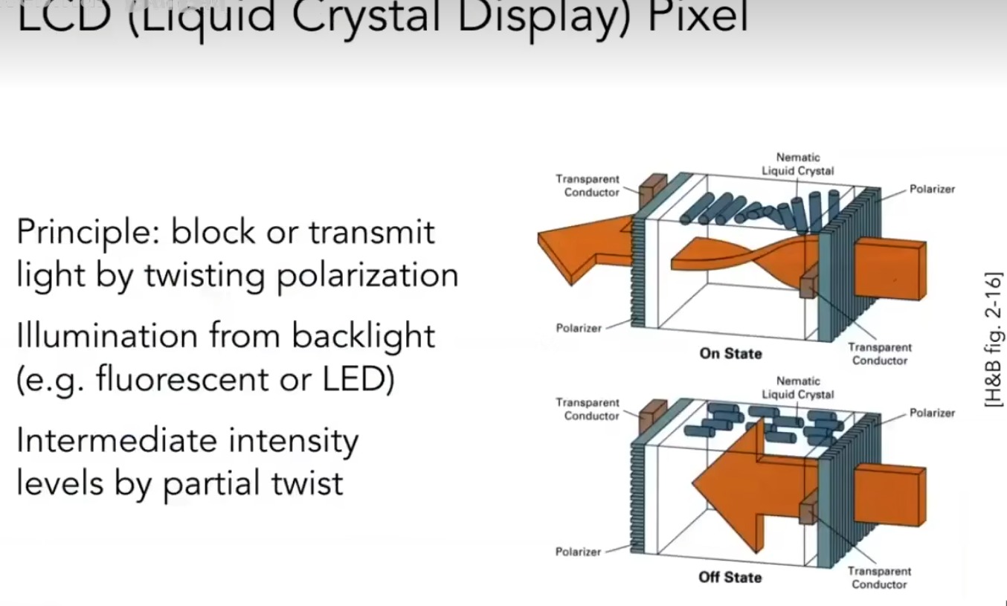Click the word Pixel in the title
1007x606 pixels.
(x=698, y=16)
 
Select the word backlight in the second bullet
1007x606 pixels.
(x=363, y=336)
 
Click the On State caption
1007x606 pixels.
(x=730, y=353)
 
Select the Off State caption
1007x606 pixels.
(x=730, y=577)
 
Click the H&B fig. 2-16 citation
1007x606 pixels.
(x=993, y=338)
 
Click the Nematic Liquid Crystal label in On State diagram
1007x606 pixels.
(x=797, y=164)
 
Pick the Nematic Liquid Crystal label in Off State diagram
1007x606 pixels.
(x=797, y=387)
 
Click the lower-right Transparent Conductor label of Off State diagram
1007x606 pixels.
(x=879, y=578)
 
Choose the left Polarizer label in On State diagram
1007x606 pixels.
(x=579, y=327)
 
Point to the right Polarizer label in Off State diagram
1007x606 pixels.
(x=932, y=413)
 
